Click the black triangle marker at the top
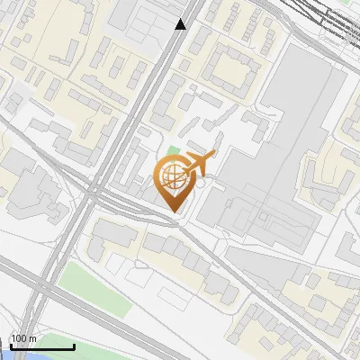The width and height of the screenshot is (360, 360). coord(181,24)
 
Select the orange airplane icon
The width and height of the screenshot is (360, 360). coord(199,164)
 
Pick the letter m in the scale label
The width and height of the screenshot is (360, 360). coord(32,338)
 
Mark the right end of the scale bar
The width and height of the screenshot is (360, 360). coord(74,346)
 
